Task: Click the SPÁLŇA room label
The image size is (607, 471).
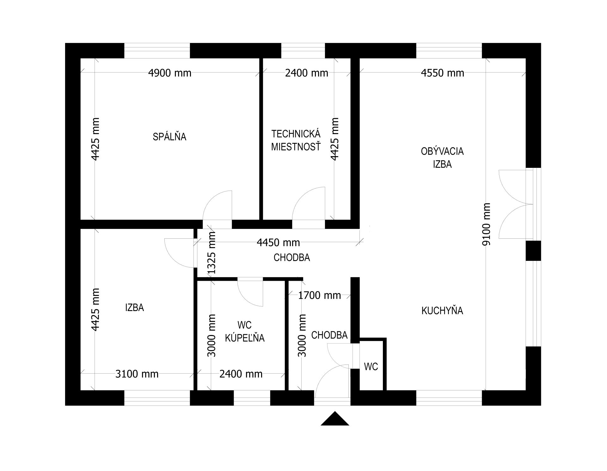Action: [169, 136]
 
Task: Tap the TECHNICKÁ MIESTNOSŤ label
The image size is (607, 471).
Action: [296, 140]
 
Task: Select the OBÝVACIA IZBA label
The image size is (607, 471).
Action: [442, 157]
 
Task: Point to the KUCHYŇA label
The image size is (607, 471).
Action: [442, 310]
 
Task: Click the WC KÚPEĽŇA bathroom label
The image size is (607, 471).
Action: [245, 331]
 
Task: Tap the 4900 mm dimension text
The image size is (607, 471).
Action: [170, 73]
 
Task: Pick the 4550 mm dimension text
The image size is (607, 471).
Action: [443, 73]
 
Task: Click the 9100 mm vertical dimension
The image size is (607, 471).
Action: [487, 224]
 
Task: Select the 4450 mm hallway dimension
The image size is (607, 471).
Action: [278, 242]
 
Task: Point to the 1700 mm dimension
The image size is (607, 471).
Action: [320, 295]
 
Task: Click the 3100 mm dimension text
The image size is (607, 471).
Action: [137, 374]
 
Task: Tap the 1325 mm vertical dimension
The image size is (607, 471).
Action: [211, 253]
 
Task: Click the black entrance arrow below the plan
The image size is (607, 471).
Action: [335, 419]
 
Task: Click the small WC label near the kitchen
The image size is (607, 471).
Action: [371, 366]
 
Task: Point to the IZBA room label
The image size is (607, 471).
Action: [134, 307]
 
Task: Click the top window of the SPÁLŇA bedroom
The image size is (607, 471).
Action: [157, 51]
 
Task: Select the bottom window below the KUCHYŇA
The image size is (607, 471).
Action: [449, 398]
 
